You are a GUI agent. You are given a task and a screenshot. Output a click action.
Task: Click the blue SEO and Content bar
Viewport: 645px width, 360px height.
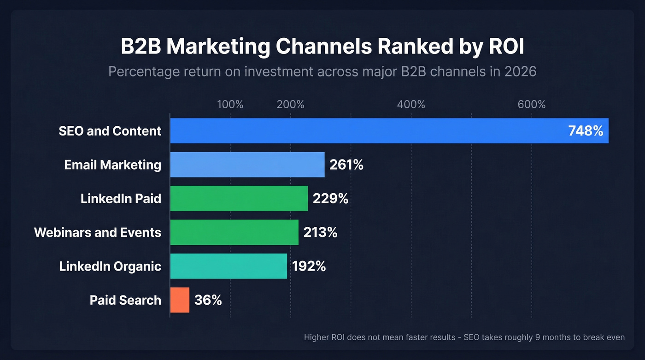coord(369,131)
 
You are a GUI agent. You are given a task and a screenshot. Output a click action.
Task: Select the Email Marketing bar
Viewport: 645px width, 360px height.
coord(247,165)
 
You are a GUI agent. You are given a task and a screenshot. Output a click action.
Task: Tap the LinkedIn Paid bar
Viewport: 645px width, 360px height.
coord(239,199)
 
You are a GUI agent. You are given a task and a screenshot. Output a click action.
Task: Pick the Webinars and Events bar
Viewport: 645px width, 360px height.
coord(234,232)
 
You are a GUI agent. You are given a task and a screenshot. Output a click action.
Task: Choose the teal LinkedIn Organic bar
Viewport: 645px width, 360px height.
coord(229,266)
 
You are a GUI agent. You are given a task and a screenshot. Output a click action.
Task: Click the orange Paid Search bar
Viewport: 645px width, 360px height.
coord(180,300)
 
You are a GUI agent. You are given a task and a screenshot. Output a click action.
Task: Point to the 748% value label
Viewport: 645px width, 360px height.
coord(586,131)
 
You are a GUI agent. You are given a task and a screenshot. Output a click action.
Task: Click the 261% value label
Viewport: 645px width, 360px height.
coord(346,165)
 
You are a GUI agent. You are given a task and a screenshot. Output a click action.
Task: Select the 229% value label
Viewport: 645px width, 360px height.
coord(330,199)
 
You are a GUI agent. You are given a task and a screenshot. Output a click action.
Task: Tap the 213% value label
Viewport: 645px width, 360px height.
coord(320,232)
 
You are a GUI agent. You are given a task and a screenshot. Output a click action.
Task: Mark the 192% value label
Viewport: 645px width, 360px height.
coord(309,266)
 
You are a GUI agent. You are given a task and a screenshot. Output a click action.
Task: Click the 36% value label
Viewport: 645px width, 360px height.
coord(208,301)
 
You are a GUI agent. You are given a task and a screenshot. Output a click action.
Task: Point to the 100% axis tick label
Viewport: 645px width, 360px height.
coord(230,105)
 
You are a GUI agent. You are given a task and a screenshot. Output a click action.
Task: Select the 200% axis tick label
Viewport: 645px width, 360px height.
coord(290,105)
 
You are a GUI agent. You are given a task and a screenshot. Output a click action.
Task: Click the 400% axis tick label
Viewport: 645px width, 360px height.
coord(411,105)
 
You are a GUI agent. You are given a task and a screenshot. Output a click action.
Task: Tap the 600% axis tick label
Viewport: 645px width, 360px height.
coord(531,105)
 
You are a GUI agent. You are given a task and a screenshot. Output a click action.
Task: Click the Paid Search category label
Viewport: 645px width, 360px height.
coord(125,301)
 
